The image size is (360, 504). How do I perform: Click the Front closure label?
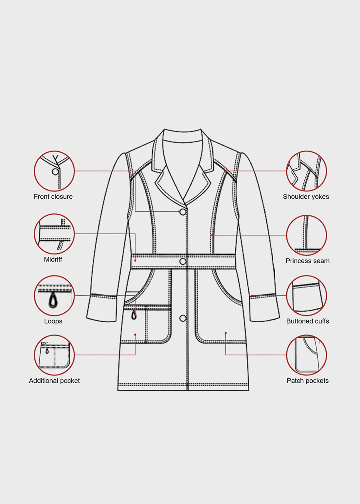53,197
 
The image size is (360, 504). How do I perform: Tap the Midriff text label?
53,260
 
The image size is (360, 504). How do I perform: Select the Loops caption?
53,321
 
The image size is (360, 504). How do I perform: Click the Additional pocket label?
54,381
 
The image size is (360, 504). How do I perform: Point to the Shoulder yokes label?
306,197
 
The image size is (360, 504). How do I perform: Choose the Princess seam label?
308,261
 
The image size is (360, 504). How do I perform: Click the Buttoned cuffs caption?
308,321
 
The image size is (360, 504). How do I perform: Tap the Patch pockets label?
308,381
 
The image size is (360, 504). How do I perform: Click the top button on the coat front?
183,212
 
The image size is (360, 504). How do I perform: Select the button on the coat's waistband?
183,261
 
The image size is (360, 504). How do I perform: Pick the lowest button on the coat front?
183,318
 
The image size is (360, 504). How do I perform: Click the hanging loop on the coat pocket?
134,315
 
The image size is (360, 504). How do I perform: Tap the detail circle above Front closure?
54,171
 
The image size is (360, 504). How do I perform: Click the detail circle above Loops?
54,296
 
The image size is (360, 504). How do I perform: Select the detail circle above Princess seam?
306,235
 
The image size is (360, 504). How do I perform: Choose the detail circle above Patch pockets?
306,355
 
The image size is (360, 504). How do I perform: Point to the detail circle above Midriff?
54,234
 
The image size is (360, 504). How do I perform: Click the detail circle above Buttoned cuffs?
306,296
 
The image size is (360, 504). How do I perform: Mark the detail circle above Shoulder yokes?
306,171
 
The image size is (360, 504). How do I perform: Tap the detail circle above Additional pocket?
54,355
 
